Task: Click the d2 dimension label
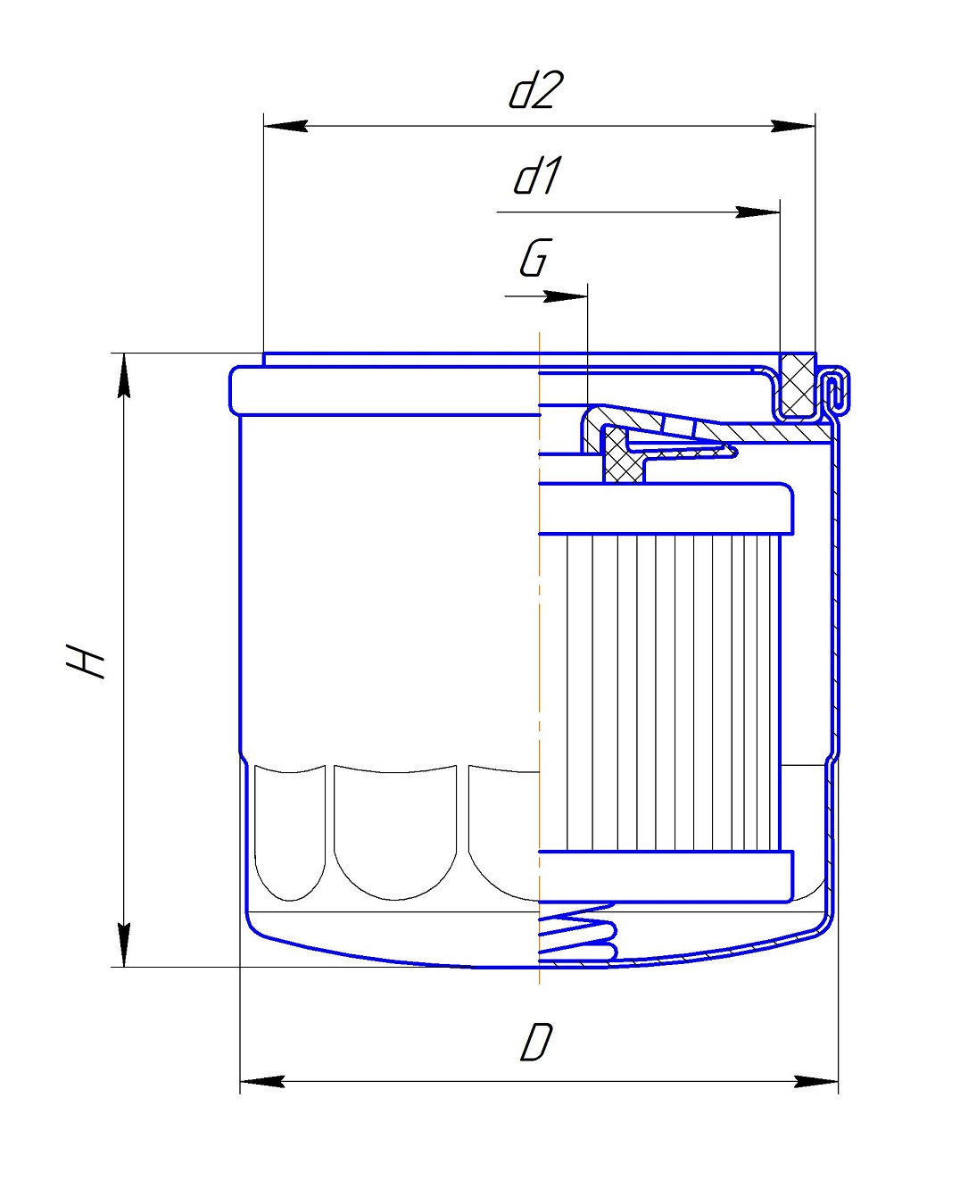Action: click(x=536, y=89)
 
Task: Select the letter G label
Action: click(x=536, y=257)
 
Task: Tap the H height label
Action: click(x=86, y=661)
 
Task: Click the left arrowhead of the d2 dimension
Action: click(x=286, y=126)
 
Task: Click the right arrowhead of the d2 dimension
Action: click(x=793, y=126)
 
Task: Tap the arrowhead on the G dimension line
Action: click(x=565, y=296)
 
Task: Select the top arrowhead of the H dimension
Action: click(x=124, y=376)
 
